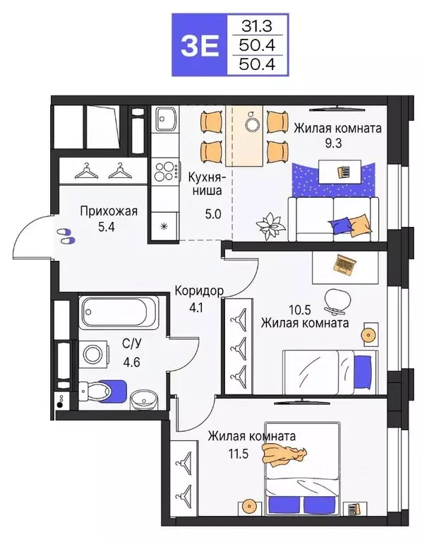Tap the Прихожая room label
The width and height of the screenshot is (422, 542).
(107, 211)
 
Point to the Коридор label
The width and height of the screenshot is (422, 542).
(200, 291)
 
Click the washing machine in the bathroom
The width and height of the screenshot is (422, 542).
(92, 353)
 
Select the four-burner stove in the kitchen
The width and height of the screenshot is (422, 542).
(165, 172)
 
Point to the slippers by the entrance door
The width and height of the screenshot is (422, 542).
(65, 236)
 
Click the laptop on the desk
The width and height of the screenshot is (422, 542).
(344, 264)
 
